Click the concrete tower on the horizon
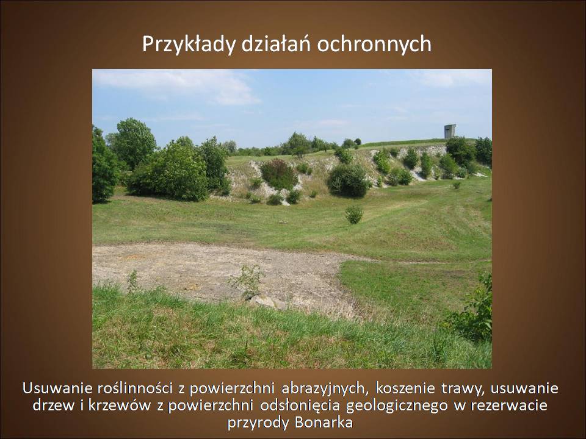point(450,132)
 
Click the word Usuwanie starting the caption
point(57,388)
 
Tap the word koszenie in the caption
point(405,388)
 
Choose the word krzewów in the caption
point(120,405)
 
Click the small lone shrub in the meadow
point(354,215)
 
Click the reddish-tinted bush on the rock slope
point(278,174)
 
